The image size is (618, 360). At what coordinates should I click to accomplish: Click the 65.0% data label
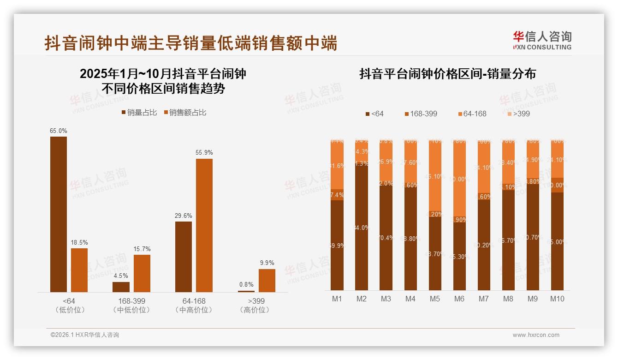coord(59,131)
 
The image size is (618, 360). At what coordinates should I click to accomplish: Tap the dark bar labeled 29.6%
coord(184,257)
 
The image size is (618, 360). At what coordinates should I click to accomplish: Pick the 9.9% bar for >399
coord(267,281)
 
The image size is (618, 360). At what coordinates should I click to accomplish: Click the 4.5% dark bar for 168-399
coord(121,287)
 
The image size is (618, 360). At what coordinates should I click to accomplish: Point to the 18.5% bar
coord(79,270)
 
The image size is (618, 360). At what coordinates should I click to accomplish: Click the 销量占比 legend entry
coord(139,113)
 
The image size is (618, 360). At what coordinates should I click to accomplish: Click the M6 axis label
coord(459,299)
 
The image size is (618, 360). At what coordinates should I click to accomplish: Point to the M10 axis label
coord(557,299)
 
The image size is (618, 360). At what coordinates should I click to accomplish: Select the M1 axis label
coord(337,299)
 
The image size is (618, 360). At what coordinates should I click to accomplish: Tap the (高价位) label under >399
coord(255,310)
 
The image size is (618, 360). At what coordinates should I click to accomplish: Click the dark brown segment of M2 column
coord(362,226)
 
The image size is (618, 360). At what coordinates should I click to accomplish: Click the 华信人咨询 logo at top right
coord(542,40)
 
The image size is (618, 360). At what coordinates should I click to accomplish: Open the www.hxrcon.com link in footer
coord(536,335)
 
